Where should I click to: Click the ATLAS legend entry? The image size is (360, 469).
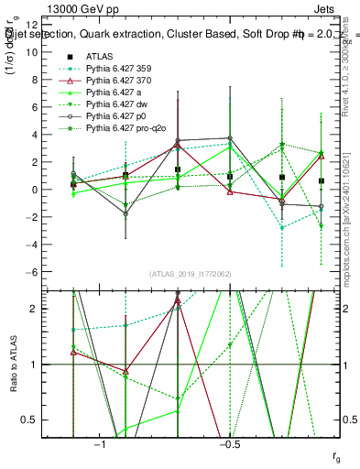pos(101,56)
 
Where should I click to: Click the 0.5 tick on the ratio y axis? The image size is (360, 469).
pos(49,420)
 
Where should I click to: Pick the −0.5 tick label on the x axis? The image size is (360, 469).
pos(228,444)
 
